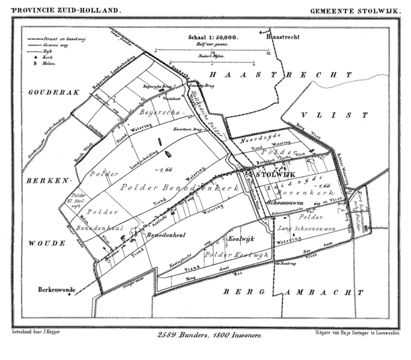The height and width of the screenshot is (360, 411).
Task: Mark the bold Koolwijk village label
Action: (242, 239)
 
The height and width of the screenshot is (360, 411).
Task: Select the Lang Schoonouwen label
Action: (299, 230)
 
